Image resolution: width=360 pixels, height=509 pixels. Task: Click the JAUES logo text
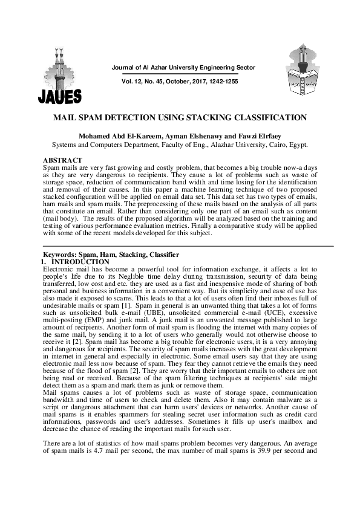coord(59,97)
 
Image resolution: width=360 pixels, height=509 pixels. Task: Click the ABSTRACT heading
coord(59,160)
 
